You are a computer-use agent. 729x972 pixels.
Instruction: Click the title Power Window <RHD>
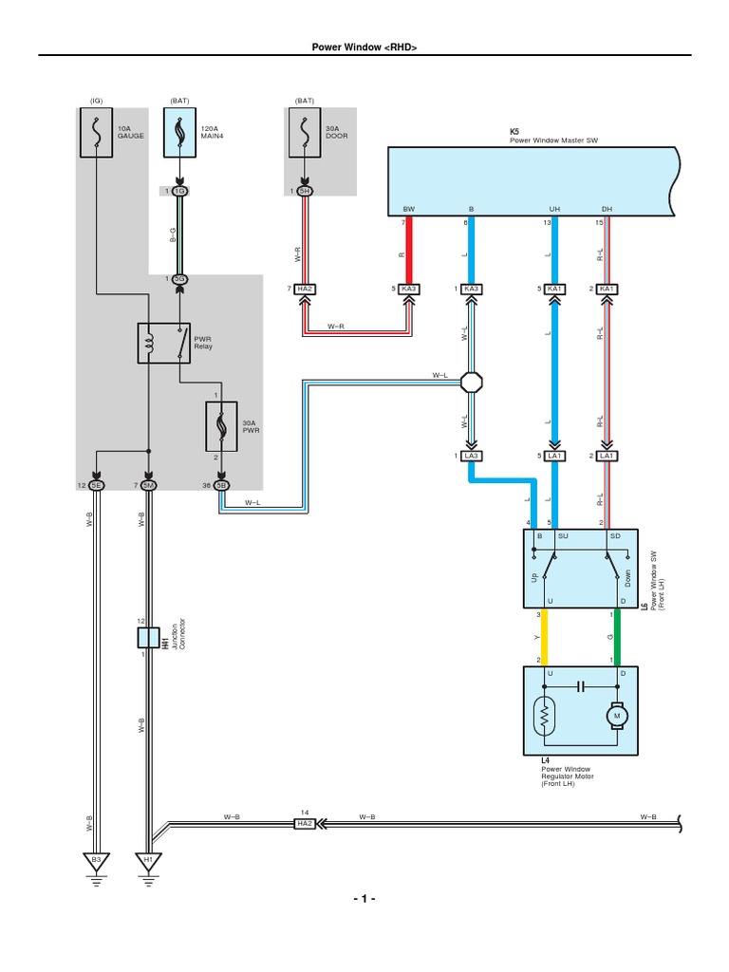pos(364,47)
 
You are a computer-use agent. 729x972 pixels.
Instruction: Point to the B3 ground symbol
pos(96,861)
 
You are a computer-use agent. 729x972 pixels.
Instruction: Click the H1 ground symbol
pos(148,861)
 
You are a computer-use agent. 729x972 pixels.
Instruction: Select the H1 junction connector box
pos(147,637)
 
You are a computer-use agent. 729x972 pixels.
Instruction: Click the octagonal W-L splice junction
pos(472,383)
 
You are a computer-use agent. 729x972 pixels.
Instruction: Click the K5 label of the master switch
pos(515,133)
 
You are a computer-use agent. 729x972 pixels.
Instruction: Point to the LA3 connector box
pos(472,457)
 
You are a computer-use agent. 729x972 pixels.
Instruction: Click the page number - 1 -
pos(364,899)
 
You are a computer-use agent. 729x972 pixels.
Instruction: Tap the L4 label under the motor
pos(546,760)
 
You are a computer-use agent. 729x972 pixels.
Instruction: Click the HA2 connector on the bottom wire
pos(304,824)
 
